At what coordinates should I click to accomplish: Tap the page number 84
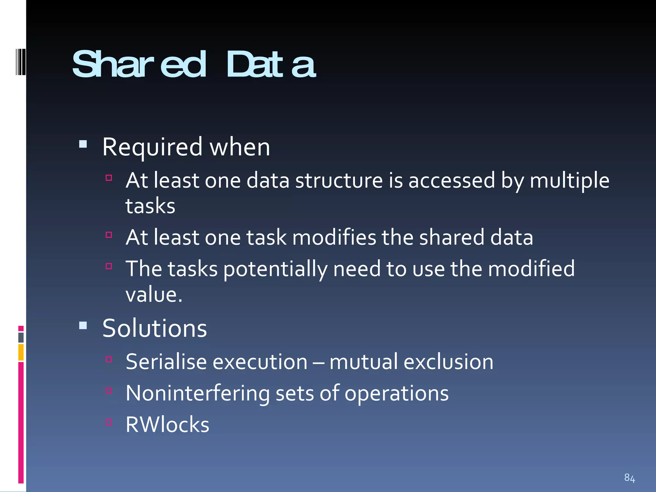629,478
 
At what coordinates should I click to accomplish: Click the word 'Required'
152,147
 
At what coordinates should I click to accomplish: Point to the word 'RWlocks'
167,425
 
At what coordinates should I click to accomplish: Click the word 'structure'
339,180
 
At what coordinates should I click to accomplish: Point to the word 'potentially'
275,269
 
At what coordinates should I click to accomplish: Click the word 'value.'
154,295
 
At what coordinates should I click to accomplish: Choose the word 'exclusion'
448,362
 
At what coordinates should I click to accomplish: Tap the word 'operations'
397,393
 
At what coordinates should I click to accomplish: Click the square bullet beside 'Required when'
83,144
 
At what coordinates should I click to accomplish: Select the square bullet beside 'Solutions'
83,326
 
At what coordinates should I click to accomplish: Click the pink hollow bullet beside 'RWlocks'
109,422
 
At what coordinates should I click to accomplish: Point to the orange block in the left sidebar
21,352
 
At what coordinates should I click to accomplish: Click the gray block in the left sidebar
21,337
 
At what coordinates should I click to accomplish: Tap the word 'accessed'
452,180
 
